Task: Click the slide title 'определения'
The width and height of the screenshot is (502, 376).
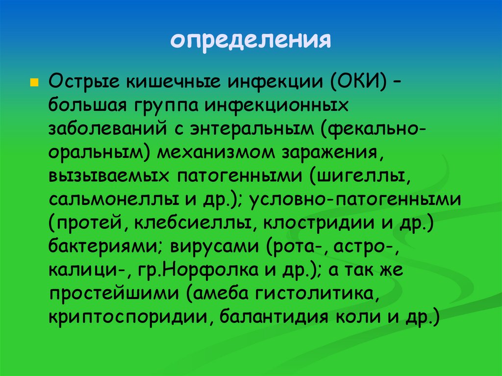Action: click(x=251, y=40)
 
